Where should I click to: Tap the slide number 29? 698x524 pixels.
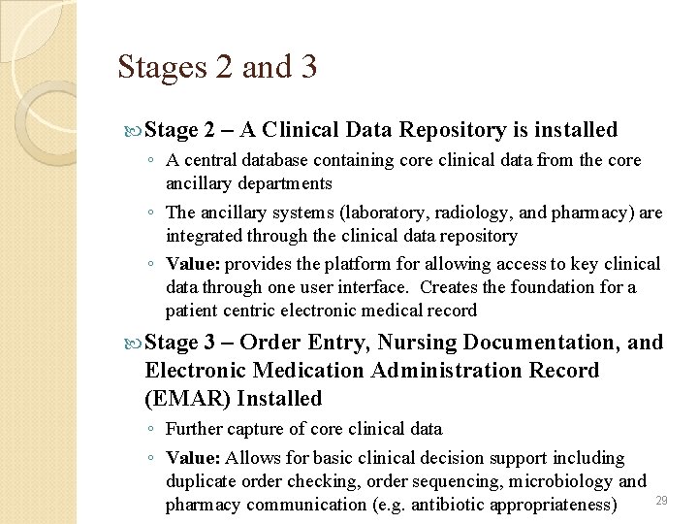[662, 500]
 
